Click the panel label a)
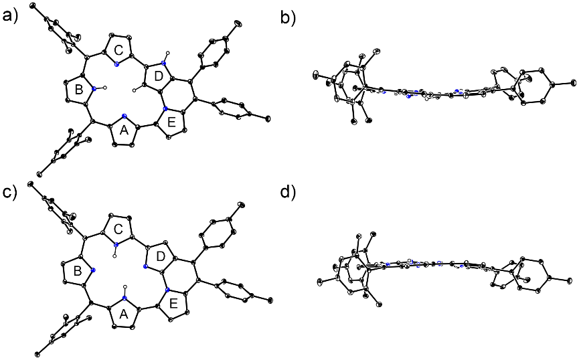point(9,17)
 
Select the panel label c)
point(9,192)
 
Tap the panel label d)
point(288,192)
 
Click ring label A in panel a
point(124,130)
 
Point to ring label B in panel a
point(79,90)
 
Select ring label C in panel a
point(118,50)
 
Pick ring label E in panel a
point(172,123)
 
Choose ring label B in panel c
point(78,272)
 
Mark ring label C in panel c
point(118,230)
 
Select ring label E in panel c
point(173,304)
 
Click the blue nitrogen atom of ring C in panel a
point(116,65)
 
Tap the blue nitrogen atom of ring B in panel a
point(94,88)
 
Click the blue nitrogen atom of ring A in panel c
point(125,298)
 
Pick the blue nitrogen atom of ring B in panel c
point(92,270)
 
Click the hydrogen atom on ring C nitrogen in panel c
point(116,255)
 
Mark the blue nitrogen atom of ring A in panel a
point(125,116)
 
